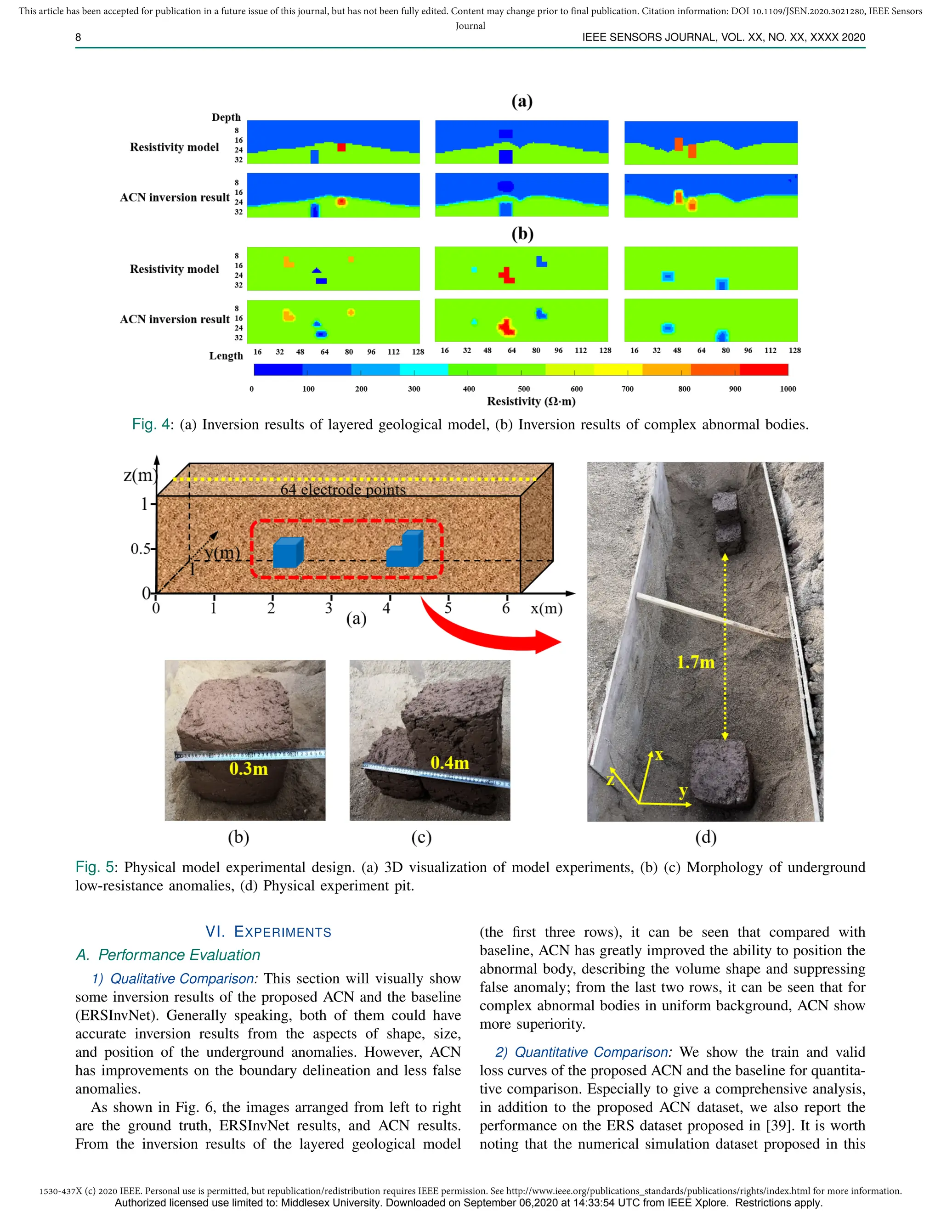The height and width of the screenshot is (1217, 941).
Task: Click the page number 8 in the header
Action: [x=78, y=37]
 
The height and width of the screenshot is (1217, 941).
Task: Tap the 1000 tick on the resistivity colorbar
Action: [x=787, y=389]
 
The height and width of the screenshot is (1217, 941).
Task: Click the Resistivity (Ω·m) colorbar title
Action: [x=531, y=401]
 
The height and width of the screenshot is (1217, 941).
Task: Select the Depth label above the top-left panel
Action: [x=226, y=117]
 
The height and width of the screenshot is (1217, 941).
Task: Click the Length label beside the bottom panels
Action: [x=226, y=355]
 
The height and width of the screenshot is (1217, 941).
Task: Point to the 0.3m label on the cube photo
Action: [x=249, y=769]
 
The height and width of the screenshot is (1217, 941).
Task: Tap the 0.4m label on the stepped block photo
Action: [x=449, y=762]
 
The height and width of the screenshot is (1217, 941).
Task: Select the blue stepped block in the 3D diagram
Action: [x=406, y=551]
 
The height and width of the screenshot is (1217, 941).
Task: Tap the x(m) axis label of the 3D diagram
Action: [x=546, y=608]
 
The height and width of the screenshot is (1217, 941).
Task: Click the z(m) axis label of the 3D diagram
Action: [x=138, y=475]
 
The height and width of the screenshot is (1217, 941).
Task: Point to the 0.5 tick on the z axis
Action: [x=141, y=549]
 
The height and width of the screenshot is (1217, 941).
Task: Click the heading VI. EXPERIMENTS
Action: [x=268, y=932]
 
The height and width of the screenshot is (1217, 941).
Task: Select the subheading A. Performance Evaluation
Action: [x=168, y=955]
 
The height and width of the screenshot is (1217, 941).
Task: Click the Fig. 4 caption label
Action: [x=151, y=425]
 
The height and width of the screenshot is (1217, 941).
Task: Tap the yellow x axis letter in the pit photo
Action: [x=659, y=755]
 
